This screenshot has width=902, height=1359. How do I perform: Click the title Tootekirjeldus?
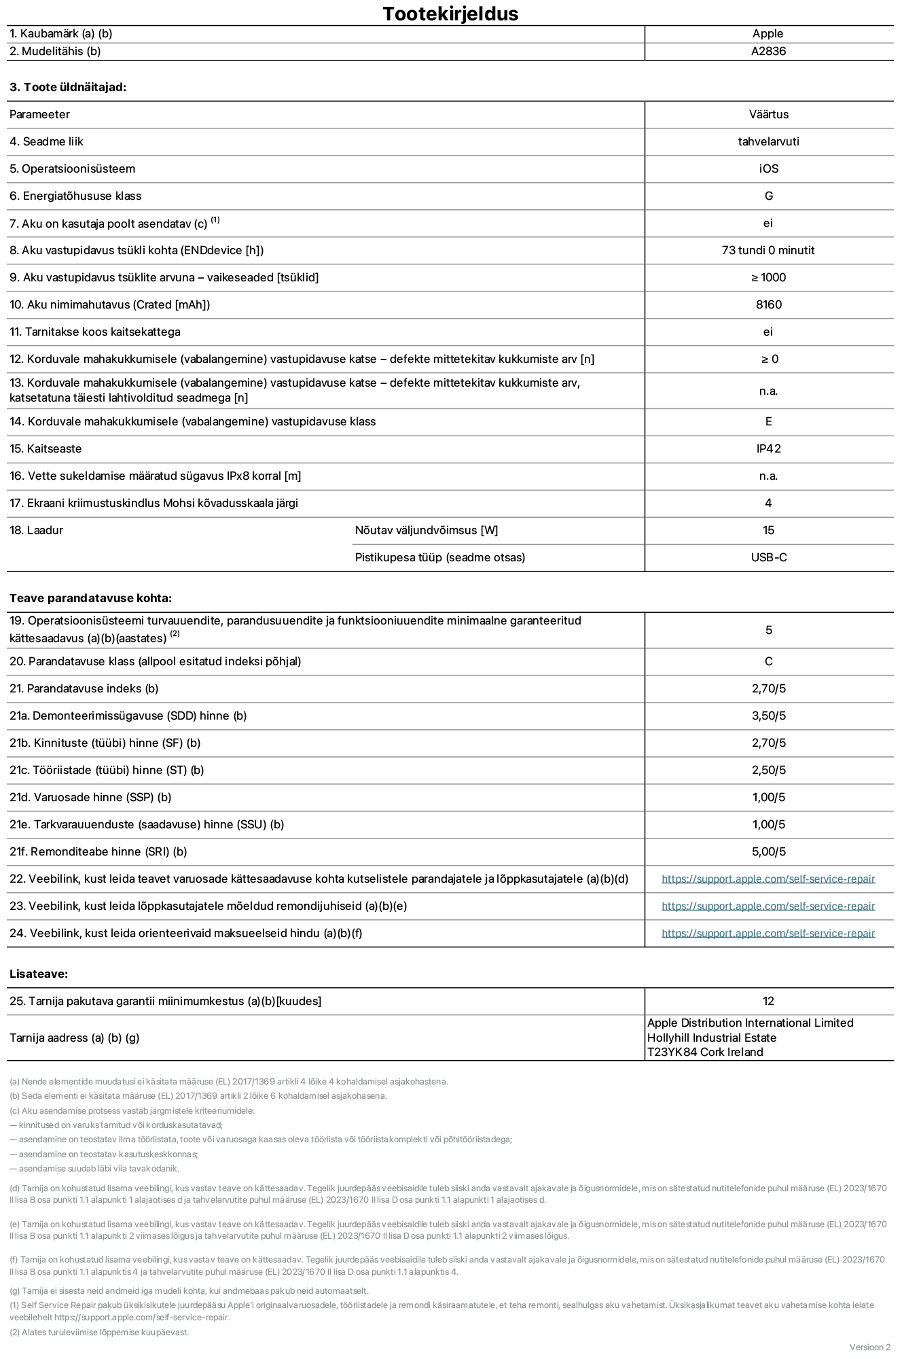coord(450,14)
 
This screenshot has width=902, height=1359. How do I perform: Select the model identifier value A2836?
coord(768,51)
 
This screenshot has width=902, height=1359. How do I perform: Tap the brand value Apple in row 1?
coord(768,33)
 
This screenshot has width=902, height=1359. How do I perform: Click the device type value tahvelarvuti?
coord(768,141)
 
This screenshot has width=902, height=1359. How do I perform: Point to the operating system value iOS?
coord(768,169)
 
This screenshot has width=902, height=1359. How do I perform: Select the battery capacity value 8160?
coord(768,304)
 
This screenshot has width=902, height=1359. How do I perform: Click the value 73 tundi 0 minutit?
coord(768,250)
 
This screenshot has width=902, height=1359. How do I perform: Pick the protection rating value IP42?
coord(768,448)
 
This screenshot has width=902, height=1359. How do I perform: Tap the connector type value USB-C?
coord(768,557)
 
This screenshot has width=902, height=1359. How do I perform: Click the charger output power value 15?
coord(768,530)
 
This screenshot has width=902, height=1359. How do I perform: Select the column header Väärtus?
coord(768,114)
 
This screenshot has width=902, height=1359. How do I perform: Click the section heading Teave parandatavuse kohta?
coord(90,598)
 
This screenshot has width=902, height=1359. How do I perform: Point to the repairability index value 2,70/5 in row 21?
coord(768,688)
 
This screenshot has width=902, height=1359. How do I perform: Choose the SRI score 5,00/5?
coord(768,851)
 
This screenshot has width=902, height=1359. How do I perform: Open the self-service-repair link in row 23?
coord(768,906)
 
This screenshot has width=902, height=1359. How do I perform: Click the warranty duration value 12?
coord(768,1001)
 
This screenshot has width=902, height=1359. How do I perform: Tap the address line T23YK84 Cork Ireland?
coord(705,1052)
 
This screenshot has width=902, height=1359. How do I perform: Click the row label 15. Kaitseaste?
coord(46,448)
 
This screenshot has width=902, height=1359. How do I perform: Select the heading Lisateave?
coord(39,974)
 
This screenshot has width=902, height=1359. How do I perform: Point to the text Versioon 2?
coord(869,1347)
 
